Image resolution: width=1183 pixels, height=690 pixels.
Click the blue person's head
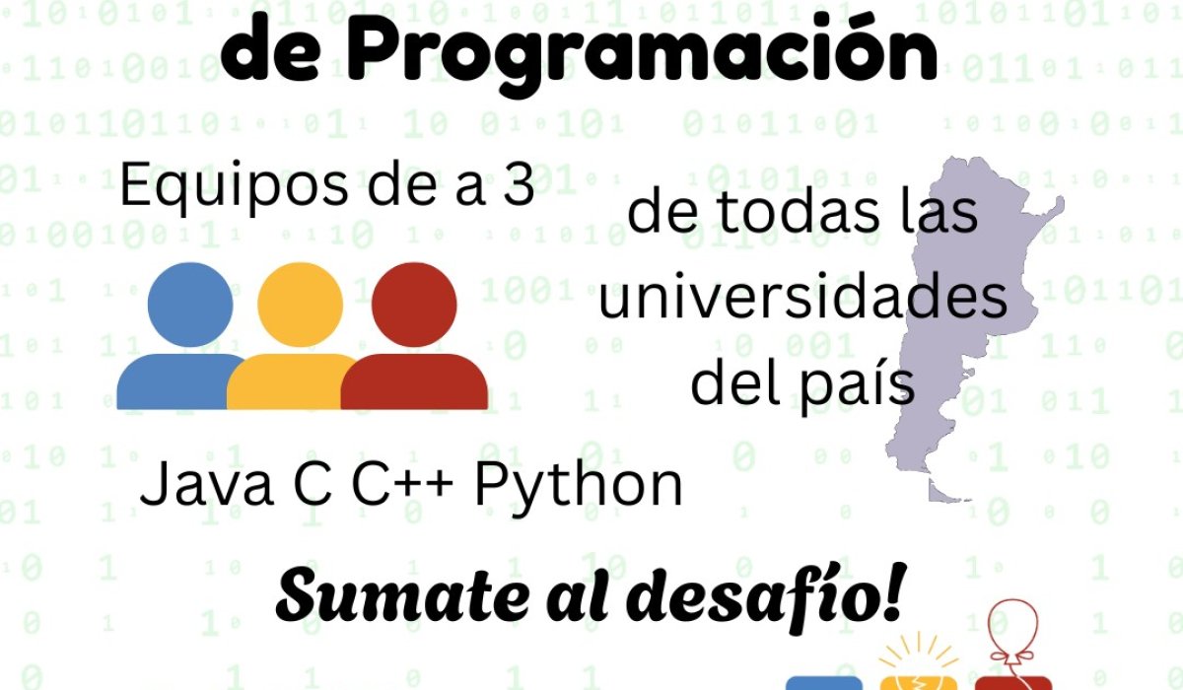(x=190, y=305)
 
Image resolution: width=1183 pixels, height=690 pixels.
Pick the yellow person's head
(x=300, y=305)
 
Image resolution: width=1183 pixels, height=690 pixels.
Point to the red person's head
(x=414, y=305)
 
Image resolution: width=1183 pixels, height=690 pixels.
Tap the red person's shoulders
(x=415, y=381)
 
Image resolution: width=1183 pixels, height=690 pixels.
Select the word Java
(x=206, y=484)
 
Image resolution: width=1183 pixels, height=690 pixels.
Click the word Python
(x=579, y=488)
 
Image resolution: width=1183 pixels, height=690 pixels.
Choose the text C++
(x=402, y=484)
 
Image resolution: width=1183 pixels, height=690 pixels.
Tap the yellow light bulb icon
(x=919, y=661)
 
